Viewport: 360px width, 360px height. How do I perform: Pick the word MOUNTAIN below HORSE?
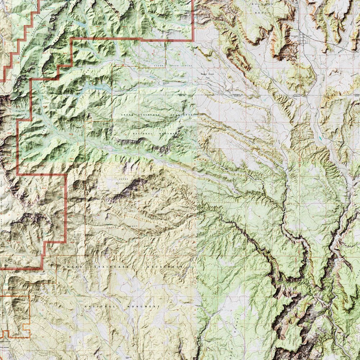121,183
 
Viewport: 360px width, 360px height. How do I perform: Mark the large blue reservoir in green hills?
95,87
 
